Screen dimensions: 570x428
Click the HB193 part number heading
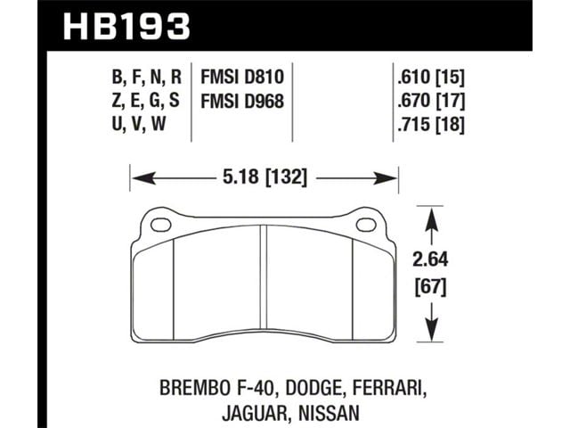(126, 27)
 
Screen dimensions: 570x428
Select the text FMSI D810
(242, 78)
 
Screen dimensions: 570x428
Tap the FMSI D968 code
(242, 101)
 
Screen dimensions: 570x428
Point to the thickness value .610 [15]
(431, 78)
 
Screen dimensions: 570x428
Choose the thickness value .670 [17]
(431, 101)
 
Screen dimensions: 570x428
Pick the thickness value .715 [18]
(431, 125)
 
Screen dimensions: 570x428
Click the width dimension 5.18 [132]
(265, 177)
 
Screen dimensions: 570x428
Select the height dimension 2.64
(430, 259)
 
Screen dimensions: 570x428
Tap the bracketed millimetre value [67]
(430, 287)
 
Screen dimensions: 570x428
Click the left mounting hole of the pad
(160, 225)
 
